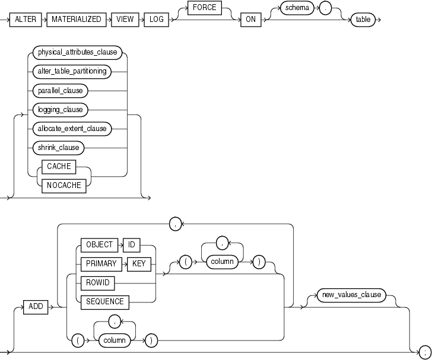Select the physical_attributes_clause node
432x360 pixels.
pyautogui.click(x=78, y=53)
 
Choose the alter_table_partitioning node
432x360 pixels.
pyautogui.click(x=71, y=72)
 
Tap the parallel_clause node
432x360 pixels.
pyautogui.click(x=60, y=91)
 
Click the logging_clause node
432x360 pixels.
pyautogui.click(x=61, y=110)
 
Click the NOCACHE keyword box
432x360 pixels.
pyautogui.click(x=62, y=184)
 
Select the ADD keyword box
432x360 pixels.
pyautogui.click(x=37, y=307)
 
